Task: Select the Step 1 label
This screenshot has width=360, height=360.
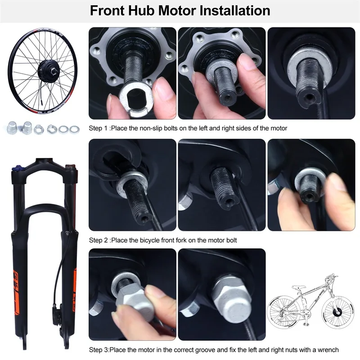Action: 99,128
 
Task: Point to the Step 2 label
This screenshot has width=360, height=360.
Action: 99,240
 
